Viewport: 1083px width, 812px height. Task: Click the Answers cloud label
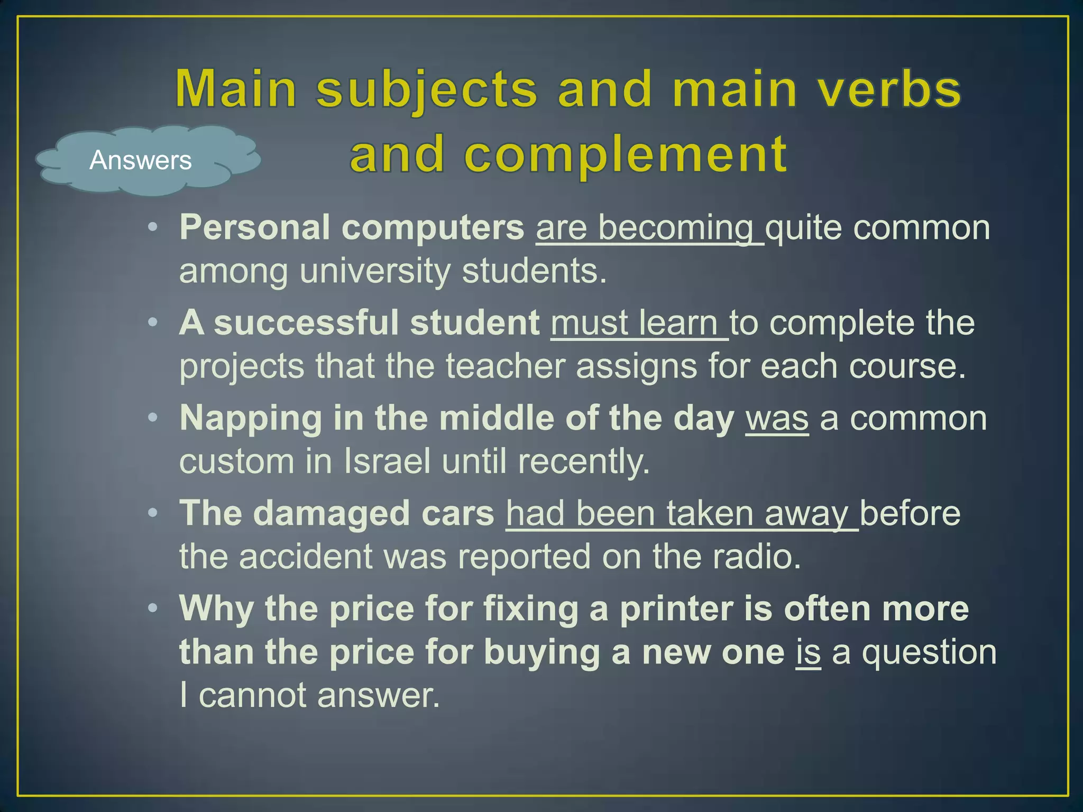(x=141, y=160)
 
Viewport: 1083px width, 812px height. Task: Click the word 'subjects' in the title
(x=427, y=90)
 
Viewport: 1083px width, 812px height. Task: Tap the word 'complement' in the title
(x=626, y=154)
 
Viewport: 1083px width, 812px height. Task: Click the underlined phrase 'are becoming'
(x=649, y=228)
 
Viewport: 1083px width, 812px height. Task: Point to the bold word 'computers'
(x=433, y=228)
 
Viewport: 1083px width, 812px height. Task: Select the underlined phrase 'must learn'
(x=639, y=323)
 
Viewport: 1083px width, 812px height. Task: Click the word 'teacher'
(x=506, y=366)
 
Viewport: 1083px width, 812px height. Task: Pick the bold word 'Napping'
(x=251, y=418)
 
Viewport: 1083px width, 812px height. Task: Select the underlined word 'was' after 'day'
(x=777, y=419)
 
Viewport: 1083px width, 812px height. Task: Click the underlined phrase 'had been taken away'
(x=681, y=513)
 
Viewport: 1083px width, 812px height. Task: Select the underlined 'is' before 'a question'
(x=808, y=652)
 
